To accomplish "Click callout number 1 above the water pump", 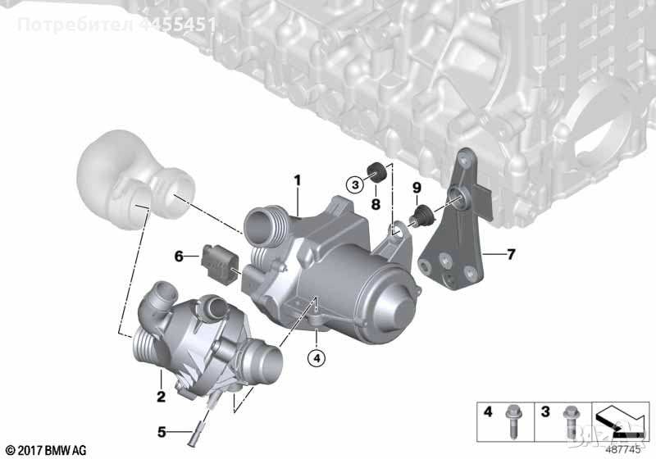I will click(x=298, y=179).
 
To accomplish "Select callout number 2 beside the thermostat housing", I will click(x=161, y=398).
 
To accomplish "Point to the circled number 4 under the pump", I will click(x=316, y=357).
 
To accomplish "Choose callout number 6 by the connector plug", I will click(x=178, y=257).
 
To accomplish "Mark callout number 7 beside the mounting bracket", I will click(x=510, y=255).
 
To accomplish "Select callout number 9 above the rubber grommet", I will click(x=416, y=189).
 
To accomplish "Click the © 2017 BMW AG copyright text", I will click(x=45, y=449).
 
